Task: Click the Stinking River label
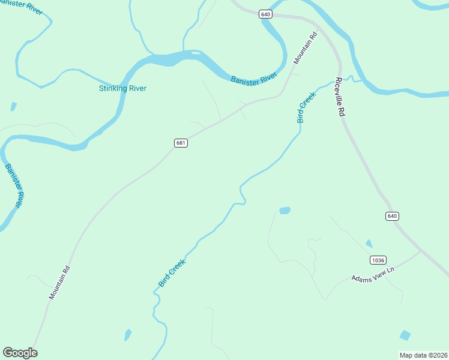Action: [x=122, y=89]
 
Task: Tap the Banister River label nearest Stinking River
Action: [x=254, y=78]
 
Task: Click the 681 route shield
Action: [x=181, y=143]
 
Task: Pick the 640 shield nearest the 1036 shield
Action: [x=392, y=216]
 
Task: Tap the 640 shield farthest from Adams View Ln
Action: [x=266, y=14]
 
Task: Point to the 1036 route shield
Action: [x=378, y=260]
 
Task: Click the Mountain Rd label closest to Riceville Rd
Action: [x=305, y=49]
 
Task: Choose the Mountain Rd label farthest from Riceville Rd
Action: [x=60, y=283]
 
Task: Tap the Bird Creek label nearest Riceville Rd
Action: [x=306, y=107]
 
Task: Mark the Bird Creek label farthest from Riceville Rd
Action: [x=172, y=272]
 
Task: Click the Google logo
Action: [x=20, y=353]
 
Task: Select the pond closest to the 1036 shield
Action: [x=369, y=244]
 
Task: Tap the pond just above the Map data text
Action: [x=405, y=335]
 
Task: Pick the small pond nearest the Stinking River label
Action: [x=13, y=107]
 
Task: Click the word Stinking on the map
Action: [x=112, y=89]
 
